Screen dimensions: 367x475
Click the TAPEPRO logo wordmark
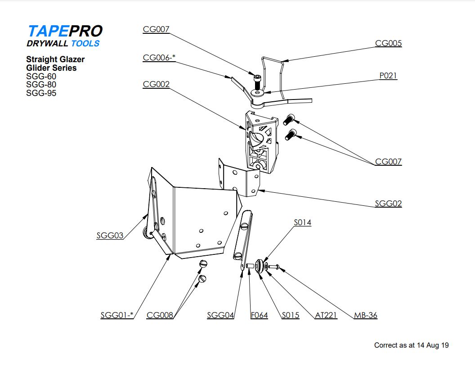pyautogui.click(x=65, y=31)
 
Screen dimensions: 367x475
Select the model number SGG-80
pyautogui.click(x=41, y=85)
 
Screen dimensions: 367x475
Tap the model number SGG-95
pyautogui.click(x=41, y=93)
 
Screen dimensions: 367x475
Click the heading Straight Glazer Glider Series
pyautogui.click(x=55, y=63)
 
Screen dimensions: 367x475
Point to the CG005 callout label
pyautogui.click(x=389, y=43)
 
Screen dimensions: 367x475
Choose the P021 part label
pyautogui.click(x=388, y=76)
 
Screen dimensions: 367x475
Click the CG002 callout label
pyautogui.click(x=156, y=84)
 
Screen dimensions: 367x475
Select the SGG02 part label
pyautogui.click(x=389, y=204)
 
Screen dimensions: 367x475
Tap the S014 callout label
pyautogui.click(x=302, y=222)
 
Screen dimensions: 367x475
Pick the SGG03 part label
pyautogui.click(x=110, y=235)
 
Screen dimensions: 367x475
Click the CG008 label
pyautogui.click(x=160, y=315)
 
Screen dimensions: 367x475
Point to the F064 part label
pyautogui.click(x=259, y=315)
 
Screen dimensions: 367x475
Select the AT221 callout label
pyautogui.click(x=326, y=315)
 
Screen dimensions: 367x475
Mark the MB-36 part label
pyautogui.click(x=365, y=315)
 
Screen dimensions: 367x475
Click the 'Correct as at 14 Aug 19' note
pyautogui.click(x=411, y=345)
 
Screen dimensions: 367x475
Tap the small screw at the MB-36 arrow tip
pyautogui.click(x=275, y=267)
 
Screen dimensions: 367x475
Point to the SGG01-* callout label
pyautogui.click(x=117, y=315)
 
